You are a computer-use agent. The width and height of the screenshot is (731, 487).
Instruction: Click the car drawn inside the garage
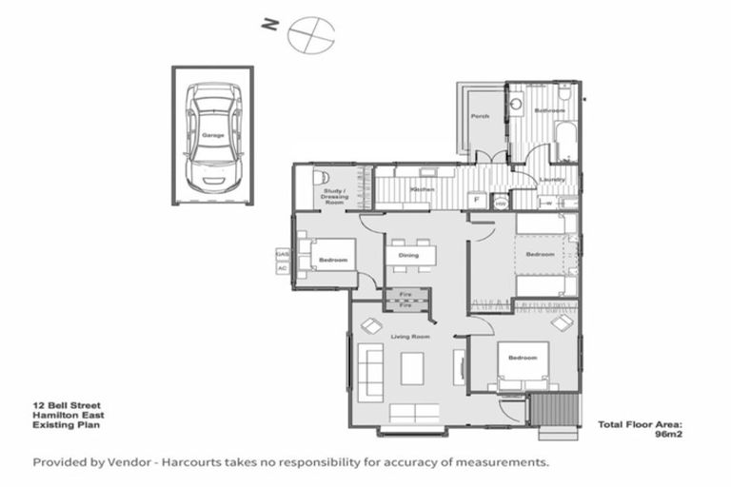pos(212,136)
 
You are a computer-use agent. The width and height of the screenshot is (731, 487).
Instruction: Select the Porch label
pos(480,117)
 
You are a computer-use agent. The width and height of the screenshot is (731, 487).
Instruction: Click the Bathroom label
pos(549,111)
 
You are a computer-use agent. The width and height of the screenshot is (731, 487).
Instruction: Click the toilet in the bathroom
pos(564,96)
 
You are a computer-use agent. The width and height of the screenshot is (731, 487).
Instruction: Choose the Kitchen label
pos(423,189)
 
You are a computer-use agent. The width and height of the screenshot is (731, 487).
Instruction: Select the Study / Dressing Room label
pos(334,198)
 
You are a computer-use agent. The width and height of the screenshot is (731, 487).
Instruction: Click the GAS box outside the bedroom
pos(282,254)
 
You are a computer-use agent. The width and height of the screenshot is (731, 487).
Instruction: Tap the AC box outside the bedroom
pos(282,268)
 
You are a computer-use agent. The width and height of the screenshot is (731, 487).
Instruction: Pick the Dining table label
pos(408,255)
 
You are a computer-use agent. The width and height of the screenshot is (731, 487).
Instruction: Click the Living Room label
pos(410,337)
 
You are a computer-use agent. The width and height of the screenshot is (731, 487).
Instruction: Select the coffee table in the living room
pos(411,366)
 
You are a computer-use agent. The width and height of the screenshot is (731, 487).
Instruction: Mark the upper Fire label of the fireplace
pos(405,295)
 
